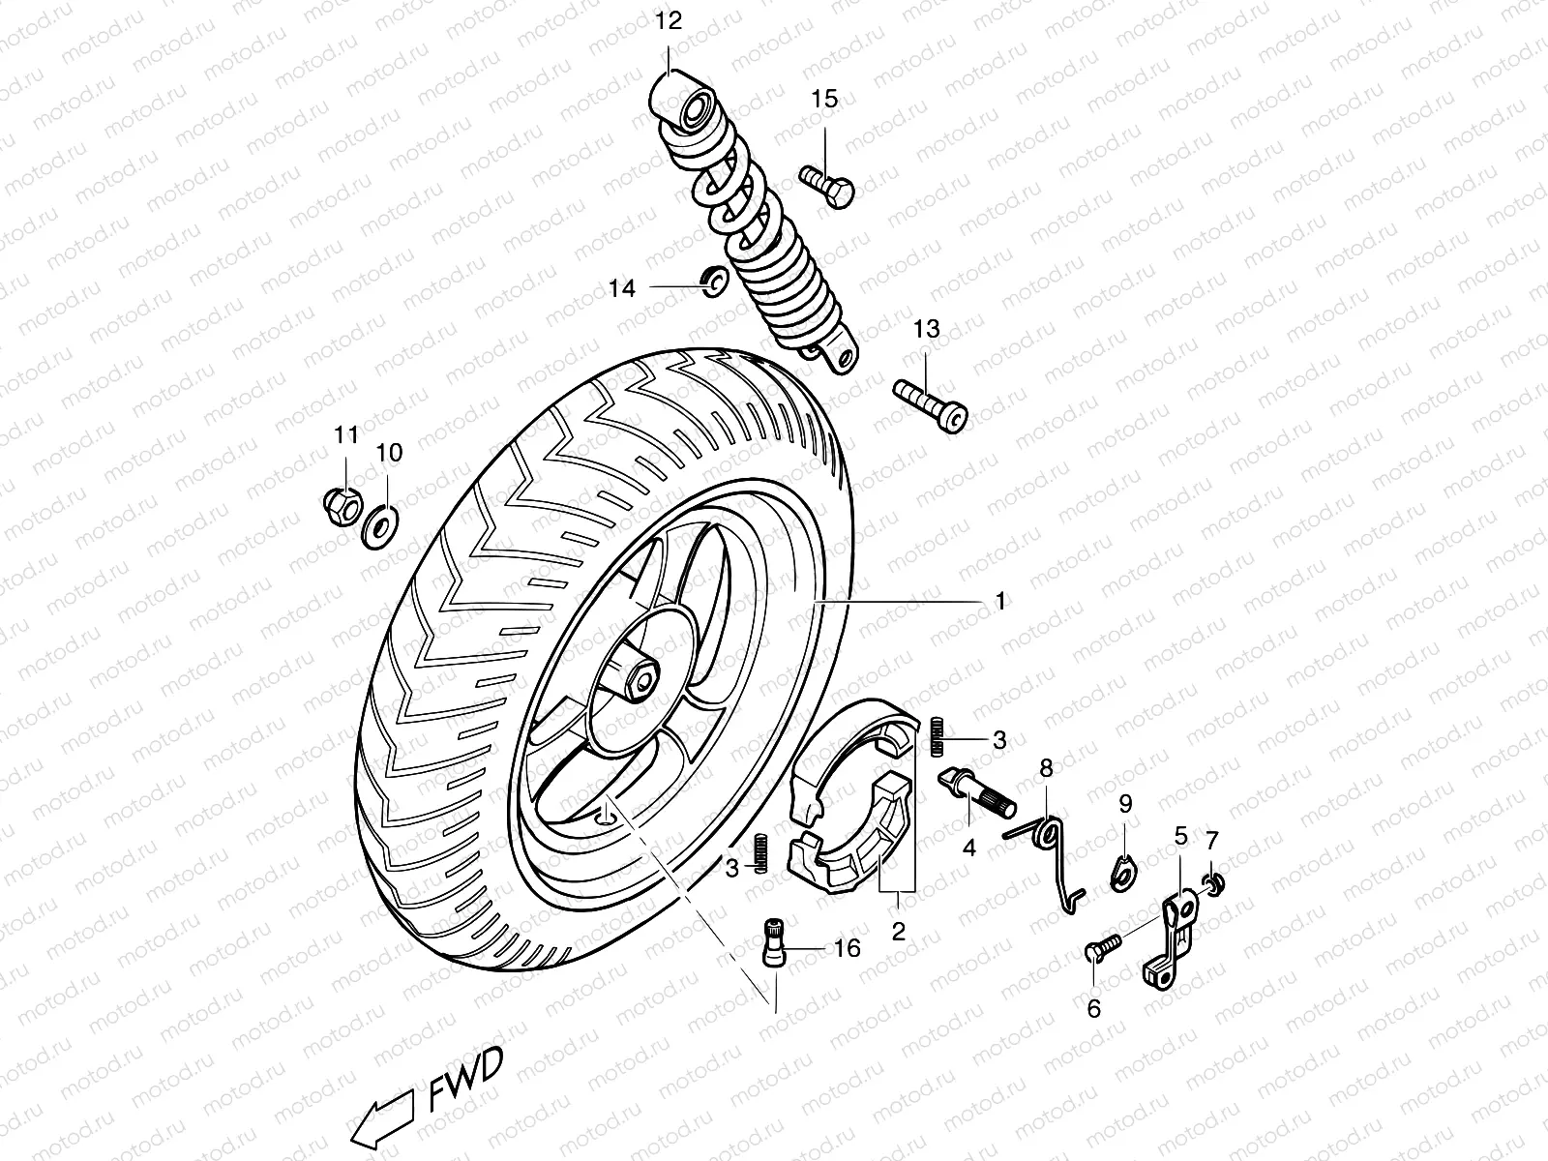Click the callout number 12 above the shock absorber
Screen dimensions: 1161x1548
pyautogui.click(x=669, y=21)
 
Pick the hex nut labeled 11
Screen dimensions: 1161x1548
pyautogui.click(x=342, y=502)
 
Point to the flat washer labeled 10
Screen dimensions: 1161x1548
pyautogui.click(x=379, y=526)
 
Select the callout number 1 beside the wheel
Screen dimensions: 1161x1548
pyautogui.click(x=1000, y=601)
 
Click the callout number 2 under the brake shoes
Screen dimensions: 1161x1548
pyautogui.click(x=898, y=932)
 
